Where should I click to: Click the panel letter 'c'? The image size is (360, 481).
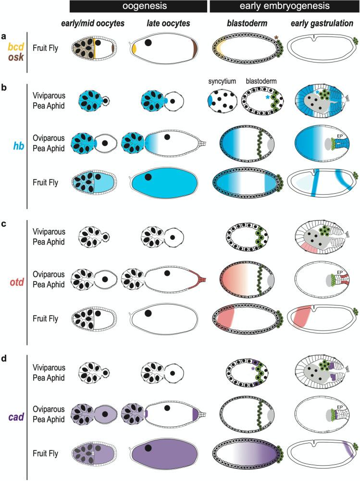tap(4, 223)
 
